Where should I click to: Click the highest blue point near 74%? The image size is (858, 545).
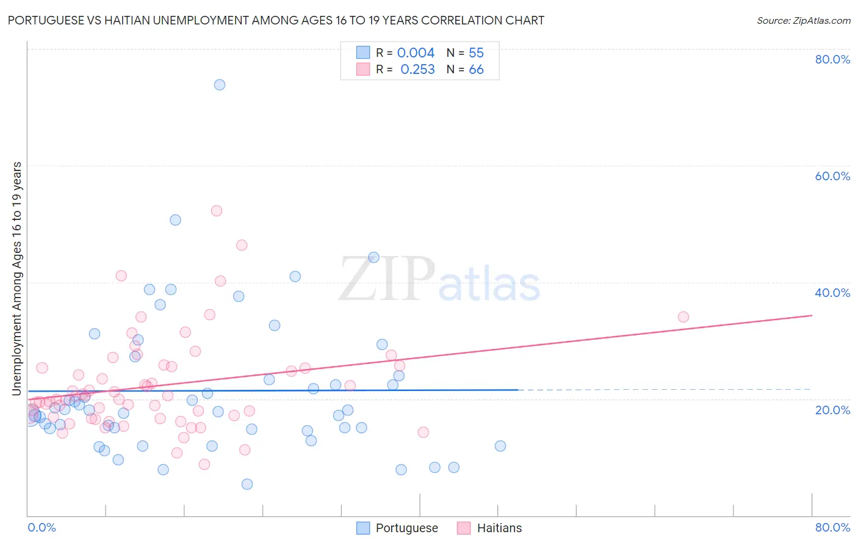pos(220,85)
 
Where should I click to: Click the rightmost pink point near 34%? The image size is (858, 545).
pos(683,317)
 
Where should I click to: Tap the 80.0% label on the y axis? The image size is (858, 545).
pos(832,59)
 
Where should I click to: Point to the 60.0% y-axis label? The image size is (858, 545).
pos(832,176)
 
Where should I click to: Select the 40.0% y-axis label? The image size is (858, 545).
pos(832,293)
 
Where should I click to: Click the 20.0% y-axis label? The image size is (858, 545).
pos(832,410)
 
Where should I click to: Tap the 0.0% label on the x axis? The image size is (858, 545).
pos(41,527)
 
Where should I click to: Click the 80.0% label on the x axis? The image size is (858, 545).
pos(832,527)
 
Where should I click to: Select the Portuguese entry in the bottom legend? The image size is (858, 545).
pos(406,528)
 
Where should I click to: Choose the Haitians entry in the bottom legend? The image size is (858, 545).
pos(499,528)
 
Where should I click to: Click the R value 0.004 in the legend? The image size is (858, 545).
pos(416,53)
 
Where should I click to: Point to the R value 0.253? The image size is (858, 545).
pos(417,70)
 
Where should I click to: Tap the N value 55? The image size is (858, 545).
pos(476,53)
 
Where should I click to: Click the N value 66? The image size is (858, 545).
pos(476,70)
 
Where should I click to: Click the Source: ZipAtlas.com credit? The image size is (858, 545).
pos(803,21)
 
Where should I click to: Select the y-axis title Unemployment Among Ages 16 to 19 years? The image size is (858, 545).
pos(17,279)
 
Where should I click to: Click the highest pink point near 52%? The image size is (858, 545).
pos(217,211)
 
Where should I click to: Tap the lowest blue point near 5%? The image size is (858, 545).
pos(247,485)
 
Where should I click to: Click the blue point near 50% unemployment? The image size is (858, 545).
pos(176,220)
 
